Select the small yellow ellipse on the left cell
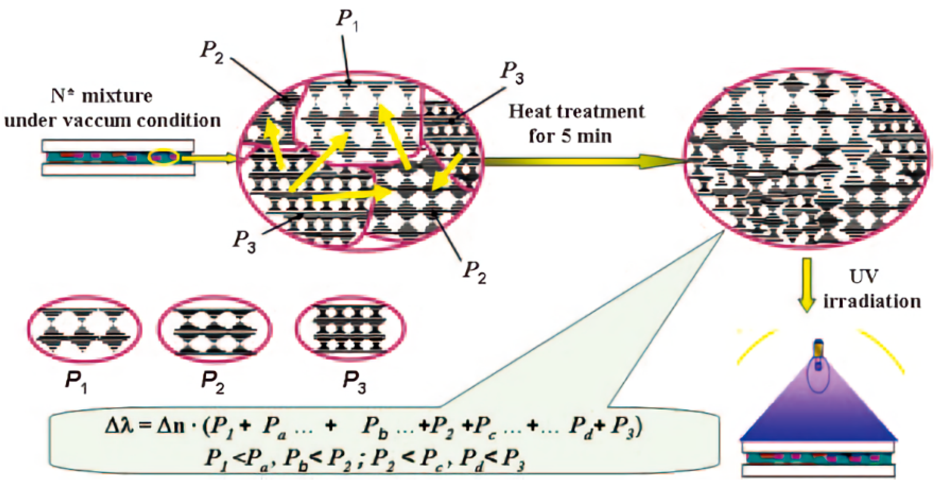pos(164,157)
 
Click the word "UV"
pos(864,277)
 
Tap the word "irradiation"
pos(872,301)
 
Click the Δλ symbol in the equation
pos(118,427)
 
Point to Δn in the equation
pos(171,427)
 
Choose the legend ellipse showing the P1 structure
pos(85,329)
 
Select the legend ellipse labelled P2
pos(215,329)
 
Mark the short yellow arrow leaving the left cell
pos(208,158)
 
